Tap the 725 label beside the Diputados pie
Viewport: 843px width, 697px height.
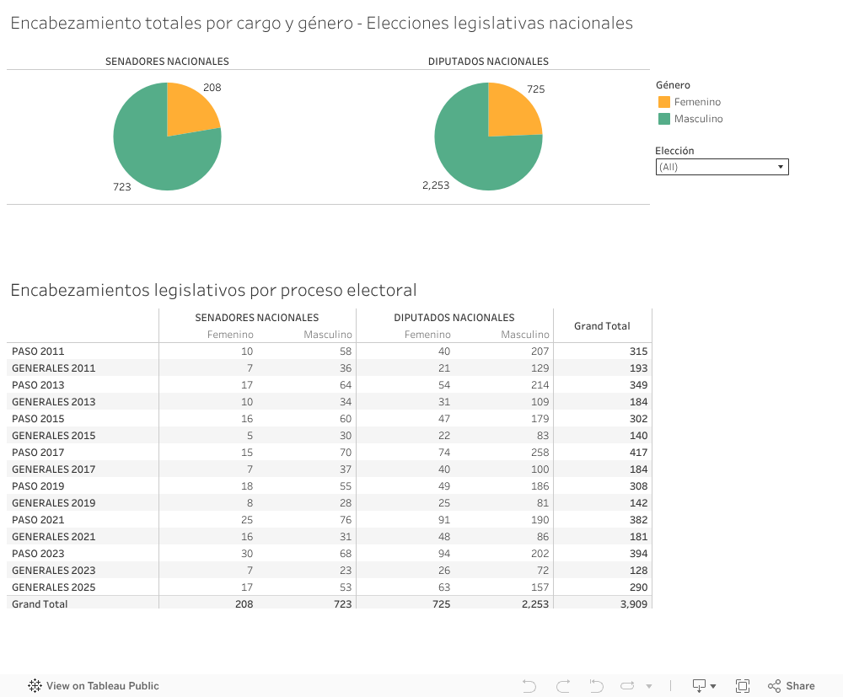[536, 89]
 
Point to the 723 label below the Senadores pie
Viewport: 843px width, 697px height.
[122, 187]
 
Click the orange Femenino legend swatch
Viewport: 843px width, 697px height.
[664, 102]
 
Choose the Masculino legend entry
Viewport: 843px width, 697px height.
[698, 119]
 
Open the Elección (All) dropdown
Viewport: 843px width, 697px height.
[722, 167]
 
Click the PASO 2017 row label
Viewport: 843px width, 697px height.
[38, 453]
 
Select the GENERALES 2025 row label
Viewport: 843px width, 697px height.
[53, 587]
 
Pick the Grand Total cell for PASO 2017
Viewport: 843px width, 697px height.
[638, 453]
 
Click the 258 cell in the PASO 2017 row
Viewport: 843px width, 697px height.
[540, 453]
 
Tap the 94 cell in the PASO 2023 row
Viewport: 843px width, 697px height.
[443, 554]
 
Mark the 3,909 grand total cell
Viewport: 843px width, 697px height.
[633, 604]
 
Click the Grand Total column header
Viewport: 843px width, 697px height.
[602, 326]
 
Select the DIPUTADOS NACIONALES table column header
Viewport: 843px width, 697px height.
[454, 318]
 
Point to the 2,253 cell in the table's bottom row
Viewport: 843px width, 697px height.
[534, 604]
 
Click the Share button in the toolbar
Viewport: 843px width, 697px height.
[792, 686]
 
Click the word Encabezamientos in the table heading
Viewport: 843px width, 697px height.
[80, 291]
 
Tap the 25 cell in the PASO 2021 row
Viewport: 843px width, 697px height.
[246, 520]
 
